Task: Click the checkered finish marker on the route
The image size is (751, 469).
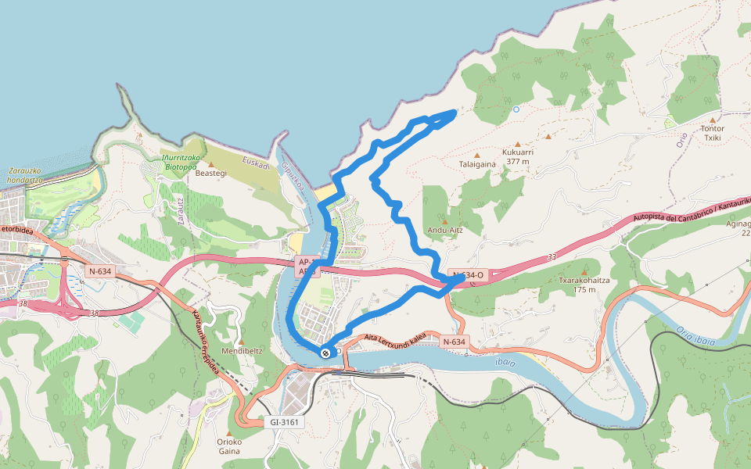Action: point(325,353)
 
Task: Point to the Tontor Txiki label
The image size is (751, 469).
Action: point(713,134)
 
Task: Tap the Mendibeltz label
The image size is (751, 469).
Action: point(241,351)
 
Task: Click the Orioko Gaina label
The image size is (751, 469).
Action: point(229,446)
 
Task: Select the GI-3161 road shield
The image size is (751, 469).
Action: point(285,422)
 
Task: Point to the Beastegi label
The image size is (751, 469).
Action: point(210,173)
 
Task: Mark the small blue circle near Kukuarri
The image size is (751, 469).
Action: point(516,109)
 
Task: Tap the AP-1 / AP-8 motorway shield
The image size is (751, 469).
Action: point(305,267)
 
